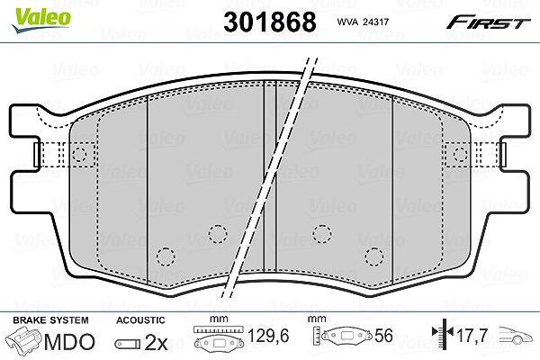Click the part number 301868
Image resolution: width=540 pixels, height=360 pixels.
coord(270,22)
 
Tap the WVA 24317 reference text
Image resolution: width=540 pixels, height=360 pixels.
coord(363,22)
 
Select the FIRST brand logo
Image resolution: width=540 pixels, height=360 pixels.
coord(488,22)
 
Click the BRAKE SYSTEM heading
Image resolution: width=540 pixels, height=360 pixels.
coord(50,320)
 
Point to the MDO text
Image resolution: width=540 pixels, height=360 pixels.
coord(69,342)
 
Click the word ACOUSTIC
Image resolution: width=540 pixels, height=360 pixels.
coord(140,320)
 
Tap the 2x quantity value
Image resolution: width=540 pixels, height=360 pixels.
coord(156,342)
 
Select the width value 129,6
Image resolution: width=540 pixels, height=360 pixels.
coord(268,336)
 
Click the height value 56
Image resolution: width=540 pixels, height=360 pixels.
coord(383,336)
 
